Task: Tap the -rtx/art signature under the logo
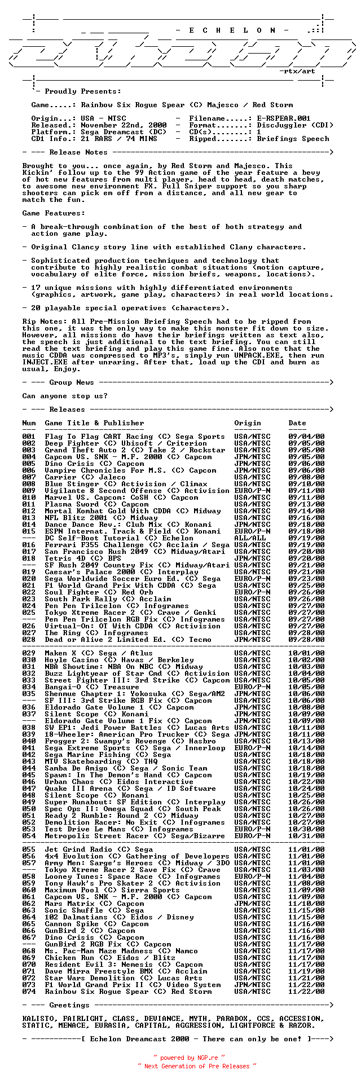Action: click(297, 71)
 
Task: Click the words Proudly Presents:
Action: click(83, 91)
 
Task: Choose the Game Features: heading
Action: click(54, 213)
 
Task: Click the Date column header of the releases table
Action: click(297, 423)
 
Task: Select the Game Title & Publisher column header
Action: click(94, 423)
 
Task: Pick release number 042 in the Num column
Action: click(29, 755)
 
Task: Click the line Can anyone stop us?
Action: click(65, 396)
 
